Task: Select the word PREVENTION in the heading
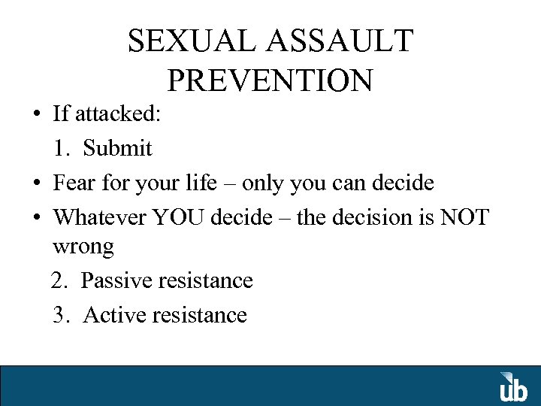270,80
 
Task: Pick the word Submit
117,148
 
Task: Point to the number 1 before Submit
60,148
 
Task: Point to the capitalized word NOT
464,217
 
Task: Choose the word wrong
83,247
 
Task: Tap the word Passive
117,280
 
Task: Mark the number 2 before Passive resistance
59,280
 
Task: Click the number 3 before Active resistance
60,314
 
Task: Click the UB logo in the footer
514,386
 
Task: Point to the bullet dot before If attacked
36,115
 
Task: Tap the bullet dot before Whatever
36,218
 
